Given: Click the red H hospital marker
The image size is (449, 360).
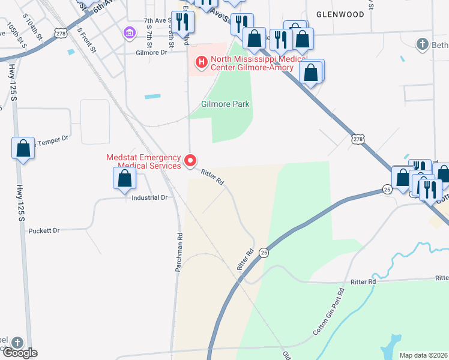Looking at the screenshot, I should coord(200,61).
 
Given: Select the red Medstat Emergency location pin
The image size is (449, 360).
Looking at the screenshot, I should coord(191,160).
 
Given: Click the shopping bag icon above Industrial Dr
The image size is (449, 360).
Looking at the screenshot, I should coord(124,178).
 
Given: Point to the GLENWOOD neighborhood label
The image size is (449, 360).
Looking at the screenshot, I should coord(340,14).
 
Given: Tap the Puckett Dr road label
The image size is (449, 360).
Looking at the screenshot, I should coord(44,230).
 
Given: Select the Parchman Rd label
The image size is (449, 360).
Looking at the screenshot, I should coord(178,253).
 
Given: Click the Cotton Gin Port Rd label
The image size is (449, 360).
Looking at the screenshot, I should coord(329,312).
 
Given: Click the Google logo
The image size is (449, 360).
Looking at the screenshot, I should coord(19,353).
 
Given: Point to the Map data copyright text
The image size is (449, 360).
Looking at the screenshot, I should coord(423,355).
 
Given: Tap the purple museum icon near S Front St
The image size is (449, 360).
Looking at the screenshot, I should coord(130,32).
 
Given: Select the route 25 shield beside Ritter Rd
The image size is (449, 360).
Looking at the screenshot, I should coord(264,253).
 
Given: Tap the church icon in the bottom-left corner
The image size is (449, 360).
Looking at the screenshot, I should coord(17,343).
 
